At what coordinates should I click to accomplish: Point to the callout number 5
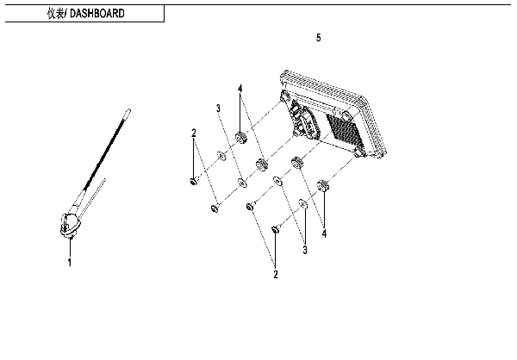(319, 39)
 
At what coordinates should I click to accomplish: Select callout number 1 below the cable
(70, 263)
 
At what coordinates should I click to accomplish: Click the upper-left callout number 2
(195, 133)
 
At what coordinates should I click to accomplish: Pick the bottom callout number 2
(276, 275)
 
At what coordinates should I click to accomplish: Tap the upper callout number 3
(219, 108)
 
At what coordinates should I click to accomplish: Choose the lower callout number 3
(304, 250)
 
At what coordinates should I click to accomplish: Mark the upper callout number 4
(240, 89)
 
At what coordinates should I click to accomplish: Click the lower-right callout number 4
(324, 233)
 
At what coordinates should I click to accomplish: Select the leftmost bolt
(195, 180)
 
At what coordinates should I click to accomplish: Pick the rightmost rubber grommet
(324, 183)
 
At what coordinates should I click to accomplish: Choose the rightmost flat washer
(302, 204)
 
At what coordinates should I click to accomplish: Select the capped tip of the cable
(128, 109)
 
